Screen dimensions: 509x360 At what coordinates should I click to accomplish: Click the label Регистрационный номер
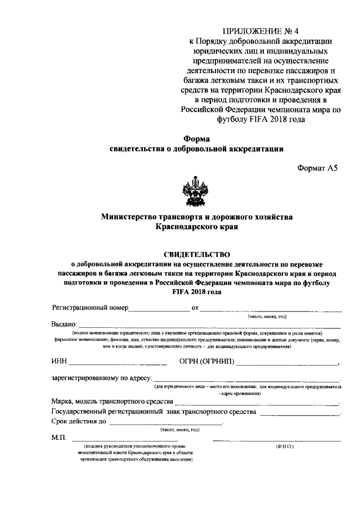click(90, 308)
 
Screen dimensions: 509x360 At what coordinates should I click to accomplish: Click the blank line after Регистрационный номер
click(159, 309)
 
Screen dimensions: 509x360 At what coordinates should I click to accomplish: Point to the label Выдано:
click(64, 325)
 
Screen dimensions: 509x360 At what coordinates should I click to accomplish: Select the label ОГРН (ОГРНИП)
click(207, 361)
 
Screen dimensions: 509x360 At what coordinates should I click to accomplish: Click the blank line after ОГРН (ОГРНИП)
click(287, 363)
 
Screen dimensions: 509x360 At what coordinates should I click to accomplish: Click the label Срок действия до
click(78, 421)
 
